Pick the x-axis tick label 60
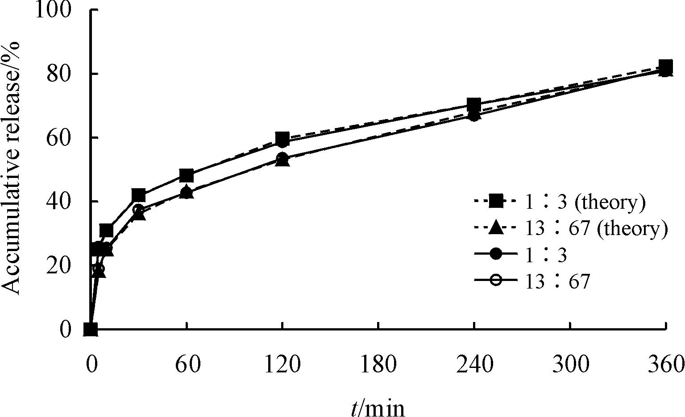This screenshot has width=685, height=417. pos(187,365)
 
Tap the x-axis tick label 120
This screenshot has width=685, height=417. pos(282,365)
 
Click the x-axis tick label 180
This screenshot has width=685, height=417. pos(378,365)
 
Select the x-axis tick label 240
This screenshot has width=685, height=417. pos(474,365)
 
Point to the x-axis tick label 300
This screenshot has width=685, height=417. pos(570,365)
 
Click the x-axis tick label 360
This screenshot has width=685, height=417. pos(666,365)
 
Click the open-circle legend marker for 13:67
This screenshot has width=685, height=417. pos(496,282)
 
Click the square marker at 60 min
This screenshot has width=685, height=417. pos(187,175)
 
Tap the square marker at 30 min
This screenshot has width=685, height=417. pos(138,195)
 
